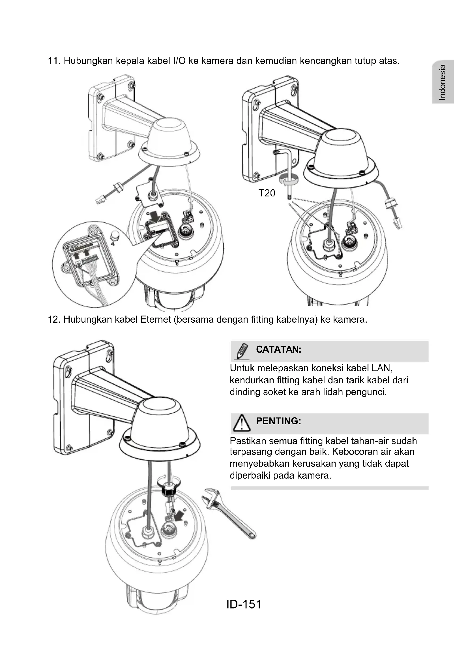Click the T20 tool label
click(267, 193)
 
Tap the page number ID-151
click(244, 604)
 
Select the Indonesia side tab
click(443, 82)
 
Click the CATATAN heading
click(278, 350)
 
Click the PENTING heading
click(278, 421)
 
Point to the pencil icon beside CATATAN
click(242, 351)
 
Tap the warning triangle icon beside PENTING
click(242, 423)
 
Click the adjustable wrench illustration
click(228, 512)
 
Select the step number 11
click(54, 61)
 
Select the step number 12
click(54, 320)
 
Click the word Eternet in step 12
click(155, 320)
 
